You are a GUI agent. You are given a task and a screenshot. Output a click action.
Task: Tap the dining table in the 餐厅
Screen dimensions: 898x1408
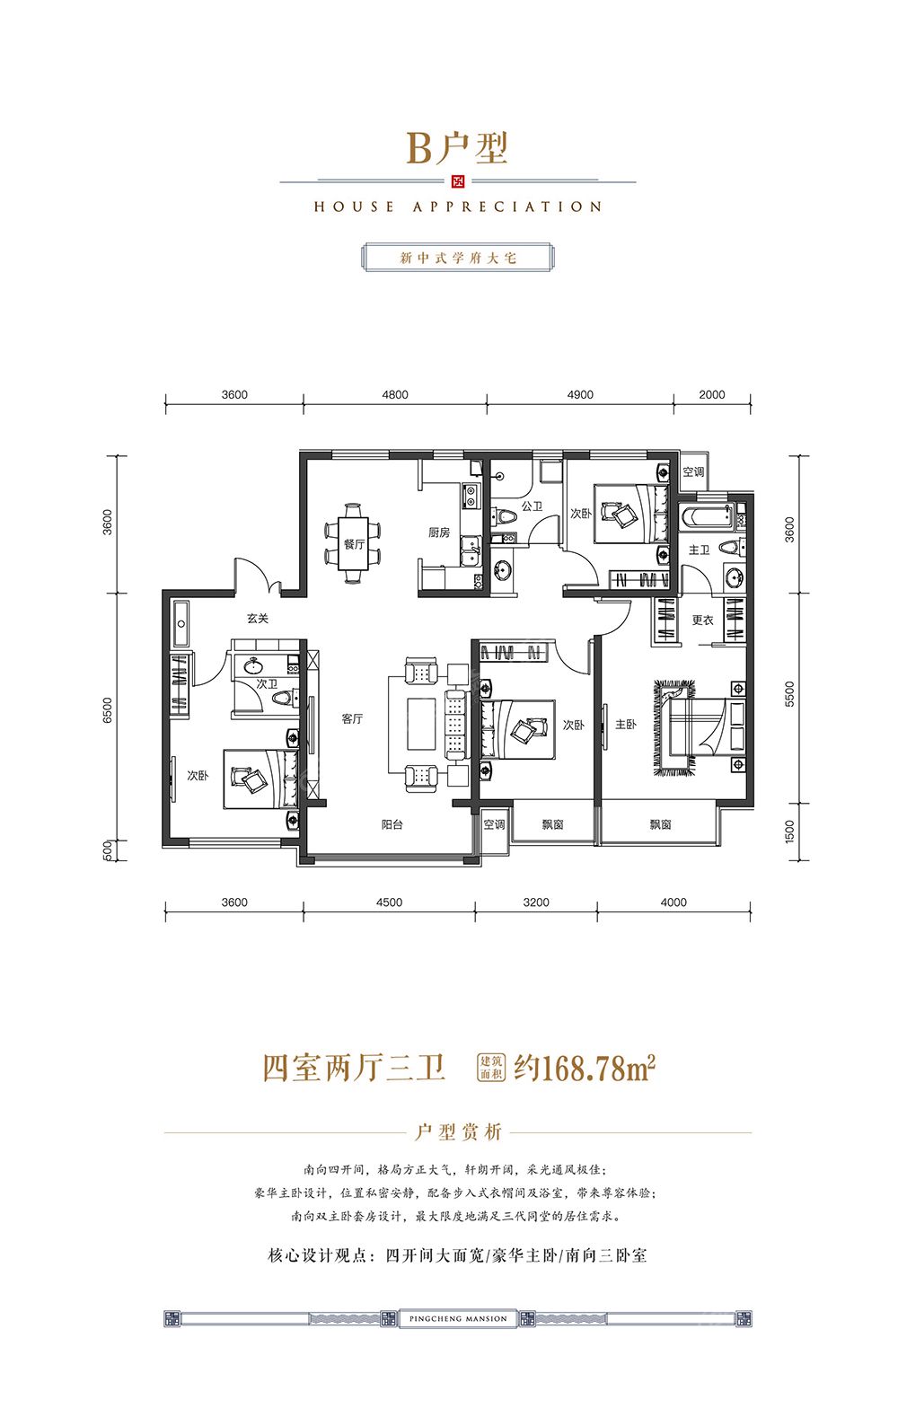tap(353, 543)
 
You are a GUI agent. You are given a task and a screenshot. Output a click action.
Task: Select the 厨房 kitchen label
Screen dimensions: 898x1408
tap(438, 532)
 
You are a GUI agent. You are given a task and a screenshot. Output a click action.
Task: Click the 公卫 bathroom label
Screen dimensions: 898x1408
tap(532, 506)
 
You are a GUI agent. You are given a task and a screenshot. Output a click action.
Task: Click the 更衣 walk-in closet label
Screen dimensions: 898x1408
tap(702, 620)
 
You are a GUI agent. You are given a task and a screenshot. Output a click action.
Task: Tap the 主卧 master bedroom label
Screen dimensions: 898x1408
tap(625, 724)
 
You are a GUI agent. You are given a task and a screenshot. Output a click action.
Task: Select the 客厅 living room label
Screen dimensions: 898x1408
tap(352, 718)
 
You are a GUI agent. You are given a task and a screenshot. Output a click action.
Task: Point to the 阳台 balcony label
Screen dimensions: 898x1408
tap(392, 824)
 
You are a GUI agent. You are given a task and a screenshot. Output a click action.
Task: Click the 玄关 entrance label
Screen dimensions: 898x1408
tap(258, 619)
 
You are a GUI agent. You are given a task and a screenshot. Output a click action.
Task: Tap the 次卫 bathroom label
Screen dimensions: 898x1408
tap(267, 683)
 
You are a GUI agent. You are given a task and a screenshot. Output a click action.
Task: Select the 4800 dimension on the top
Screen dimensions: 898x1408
tap(394, 395)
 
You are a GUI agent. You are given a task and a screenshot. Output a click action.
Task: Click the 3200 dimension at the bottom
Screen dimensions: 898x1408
tap(535, 902)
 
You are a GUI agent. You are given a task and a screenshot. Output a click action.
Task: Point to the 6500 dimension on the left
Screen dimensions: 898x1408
tap(108, 709)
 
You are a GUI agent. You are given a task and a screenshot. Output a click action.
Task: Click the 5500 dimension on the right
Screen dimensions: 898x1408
tap(789, 693)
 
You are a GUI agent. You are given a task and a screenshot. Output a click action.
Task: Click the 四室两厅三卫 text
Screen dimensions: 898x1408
tap(354, 1068)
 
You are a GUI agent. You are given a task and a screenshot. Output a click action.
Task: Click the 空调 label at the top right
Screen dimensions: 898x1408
tap(693, 471)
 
